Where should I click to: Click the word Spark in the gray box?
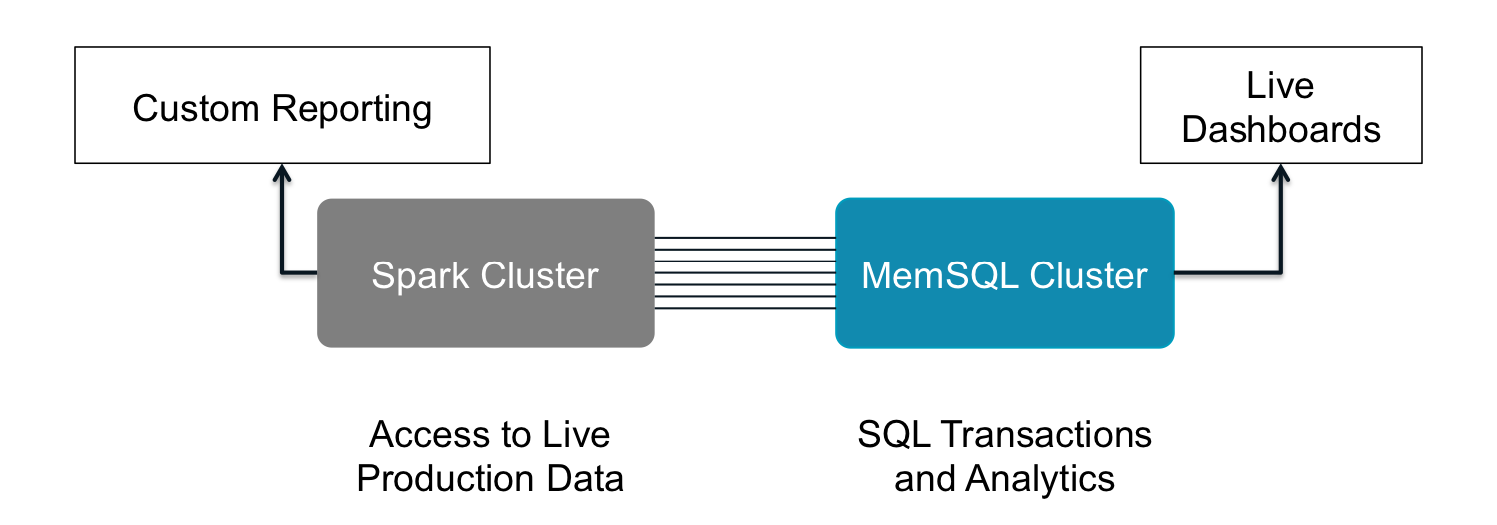coord(421,276)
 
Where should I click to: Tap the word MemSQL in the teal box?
coord(940,275)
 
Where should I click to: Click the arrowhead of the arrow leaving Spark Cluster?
coord(282,172)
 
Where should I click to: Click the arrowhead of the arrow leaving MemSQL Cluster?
coord(1280,172)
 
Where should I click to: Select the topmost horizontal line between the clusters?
coord(745,238)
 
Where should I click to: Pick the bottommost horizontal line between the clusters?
coord(745,308)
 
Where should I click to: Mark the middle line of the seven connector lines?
coord(745,272)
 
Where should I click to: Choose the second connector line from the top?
coord(745,250)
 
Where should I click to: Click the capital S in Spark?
coord(382,275)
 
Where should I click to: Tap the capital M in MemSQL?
coord(875,275)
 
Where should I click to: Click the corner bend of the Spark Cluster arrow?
coord(283,270)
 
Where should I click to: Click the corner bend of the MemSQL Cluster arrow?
coord(1279,270)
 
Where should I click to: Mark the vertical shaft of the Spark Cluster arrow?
coord(283,225)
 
